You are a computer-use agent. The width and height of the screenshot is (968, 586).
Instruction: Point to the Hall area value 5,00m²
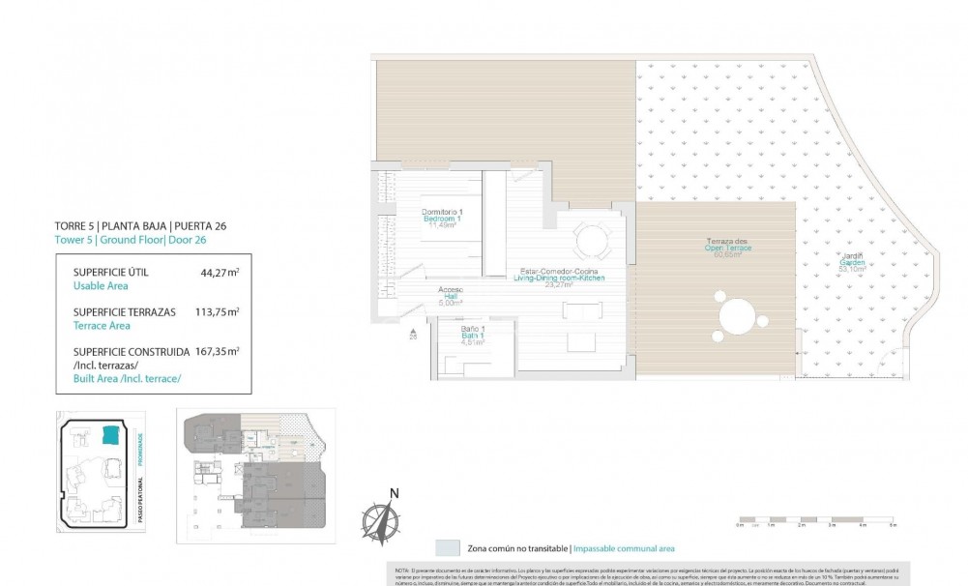pos(451,302)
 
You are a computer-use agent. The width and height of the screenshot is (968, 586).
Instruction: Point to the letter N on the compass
pos(394,493)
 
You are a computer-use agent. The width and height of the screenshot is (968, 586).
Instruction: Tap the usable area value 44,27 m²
pos(220,274)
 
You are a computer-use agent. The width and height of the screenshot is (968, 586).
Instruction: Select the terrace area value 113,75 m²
pos(218,312)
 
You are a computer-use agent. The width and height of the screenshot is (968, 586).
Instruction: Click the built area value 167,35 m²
pos(218,352)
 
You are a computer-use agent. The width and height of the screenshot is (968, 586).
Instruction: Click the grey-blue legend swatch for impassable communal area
pos(448,547)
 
